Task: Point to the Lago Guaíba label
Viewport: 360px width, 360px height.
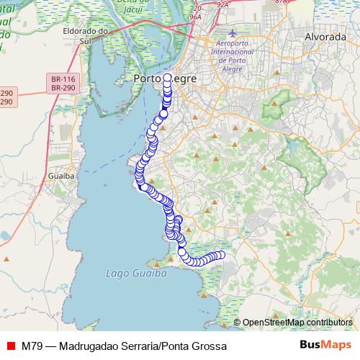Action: [136, 274]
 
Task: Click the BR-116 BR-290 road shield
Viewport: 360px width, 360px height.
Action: [63, 83]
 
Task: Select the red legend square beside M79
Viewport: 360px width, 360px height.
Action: [10, 346]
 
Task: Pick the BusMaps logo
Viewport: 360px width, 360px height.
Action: [320, 346]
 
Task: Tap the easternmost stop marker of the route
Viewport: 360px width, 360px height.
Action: [221, 255]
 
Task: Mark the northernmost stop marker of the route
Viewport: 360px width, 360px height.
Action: [168, 77]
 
